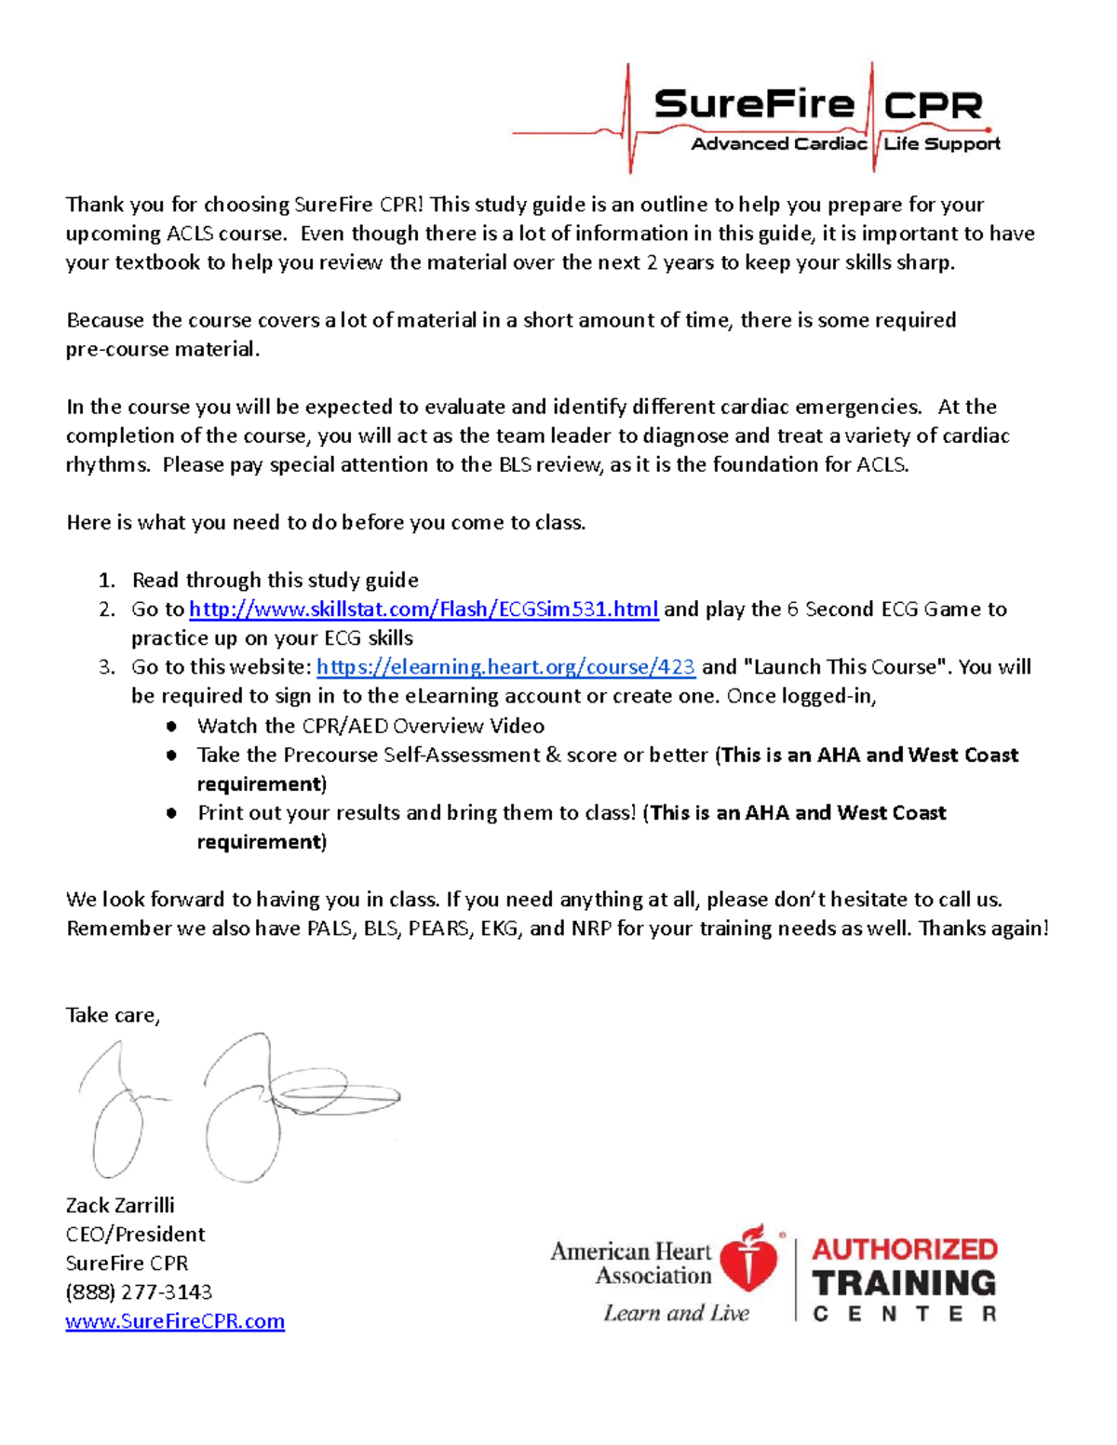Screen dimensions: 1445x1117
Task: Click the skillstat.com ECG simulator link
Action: point(424,609)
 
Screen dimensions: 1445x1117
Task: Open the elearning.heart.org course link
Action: point(505,667)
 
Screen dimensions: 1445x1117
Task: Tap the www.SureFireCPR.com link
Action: point(175,1321)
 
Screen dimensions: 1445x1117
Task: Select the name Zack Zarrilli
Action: point(120,1205)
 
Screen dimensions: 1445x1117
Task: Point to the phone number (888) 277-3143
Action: point(139,1292)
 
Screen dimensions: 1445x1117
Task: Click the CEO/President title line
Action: point(135,1235)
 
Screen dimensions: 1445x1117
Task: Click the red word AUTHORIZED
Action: point(904,1249)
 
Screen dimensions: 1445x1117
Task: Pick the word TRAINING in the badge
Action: point(904,1283)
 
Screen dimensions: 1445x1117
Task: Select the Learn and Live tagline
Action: point(676,1313)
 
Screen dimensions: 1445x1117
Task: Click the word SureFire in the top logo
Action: point(754,105)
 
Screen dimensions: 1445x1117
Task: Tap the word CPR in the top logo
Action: point(932,106)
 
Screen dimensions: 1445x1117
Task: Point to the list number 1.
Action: point(107,581)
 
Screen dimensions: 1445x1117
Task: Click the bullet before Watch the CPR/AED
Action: point(171,727)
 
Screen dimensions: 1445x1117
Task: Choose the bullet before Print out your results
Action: point(171,813)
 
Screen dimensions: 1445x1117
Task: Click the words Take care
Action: point(113,1015)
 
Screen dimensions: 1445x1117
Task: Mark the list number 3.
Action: point(107,667)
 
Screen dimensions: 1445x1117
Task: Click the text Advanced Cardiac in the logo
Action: point(778,144)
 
